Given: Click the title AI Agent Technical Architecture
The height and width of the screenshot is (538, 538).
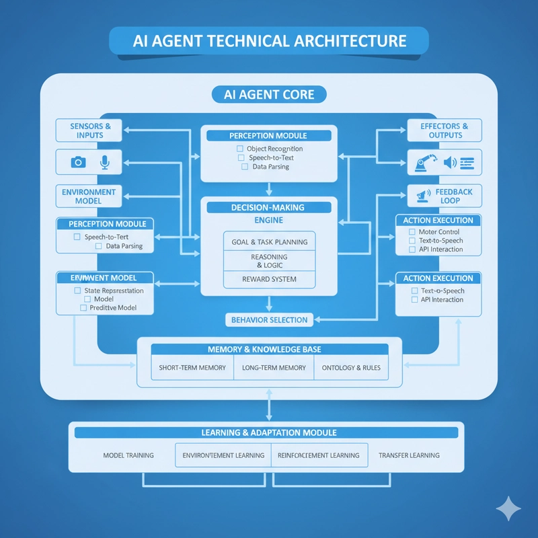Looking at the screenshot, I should (268, 40).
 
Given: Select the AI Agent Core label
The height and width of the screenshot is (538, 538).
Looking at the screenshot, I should (268, 94).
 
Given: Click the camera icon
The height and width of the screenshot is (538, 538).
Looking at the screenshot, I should (79, 162).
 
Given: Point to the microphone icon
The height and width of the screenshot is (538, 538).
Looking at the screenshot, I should (104, 162).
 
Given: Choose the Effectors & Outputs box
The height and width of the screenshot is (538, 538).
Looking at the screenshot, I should (445, 130).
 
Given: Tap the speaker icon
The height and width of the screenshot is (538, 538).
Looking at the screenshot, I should (450, 162).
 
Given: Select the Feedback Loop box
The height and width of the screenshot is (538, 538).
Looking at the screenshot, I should (445, 196).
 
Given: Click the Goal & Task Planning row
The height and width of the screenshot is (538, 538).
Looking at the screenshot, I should (269, 242).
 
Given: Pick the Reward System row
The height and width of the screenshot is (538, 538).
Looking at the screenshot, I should (269, 279).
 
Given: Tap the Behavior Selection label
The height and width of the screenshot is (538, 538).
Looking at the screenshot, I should (269, 320).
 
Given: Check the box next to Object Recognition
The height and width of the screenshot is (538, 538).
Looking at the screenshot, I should (240, 149).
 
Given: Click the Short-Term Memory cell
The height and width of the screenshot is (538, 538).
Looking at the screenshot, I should (192, 368).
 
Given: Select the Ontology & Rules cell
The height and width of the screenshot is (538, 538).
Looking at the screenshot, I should (351, 368).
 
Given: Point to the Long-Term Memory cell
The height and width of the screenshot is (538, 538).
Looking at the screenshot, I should (273, 368).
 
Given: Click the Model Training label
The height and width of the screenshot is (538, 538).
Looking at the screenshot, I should (128, 455).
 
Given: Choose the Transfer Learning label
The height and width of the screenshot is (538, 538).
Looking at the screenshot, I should (409, 455).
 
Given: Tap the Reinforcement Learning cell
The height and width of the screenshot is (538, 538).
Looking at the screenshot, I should (319, 455).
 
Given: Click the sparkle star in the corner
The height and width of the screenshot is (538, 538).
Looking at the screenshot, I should (508, 508).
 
